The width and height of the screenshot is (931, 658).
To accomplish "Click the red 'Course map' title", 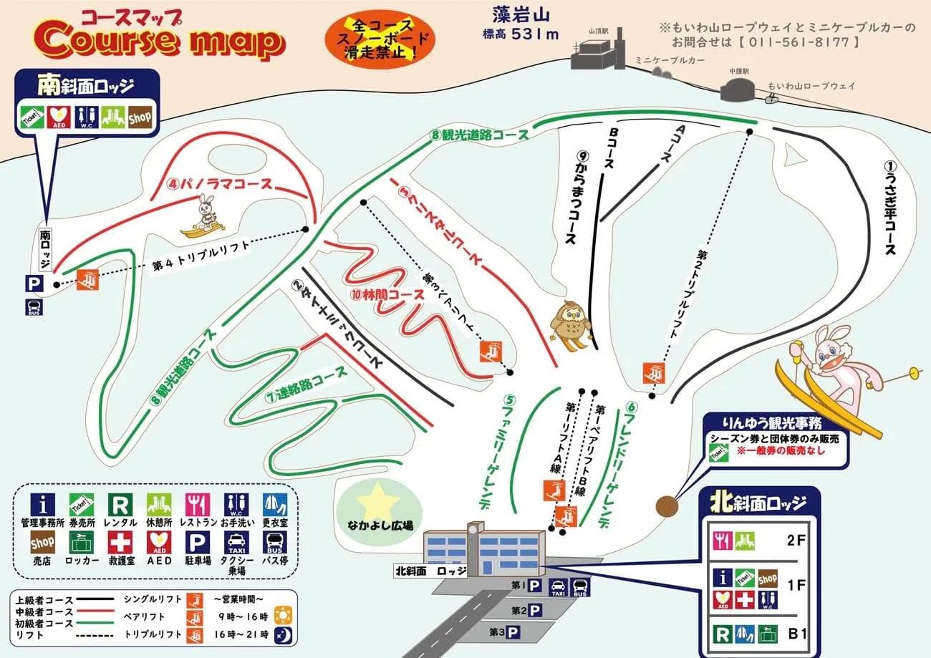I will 159,42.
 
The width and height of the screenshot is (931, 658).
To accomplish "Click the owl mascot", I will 570,324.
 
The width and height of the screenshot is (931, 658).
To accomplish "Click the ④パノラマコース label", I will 219,183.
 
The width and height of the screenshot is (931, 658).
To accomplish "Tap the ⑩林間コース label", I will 377,294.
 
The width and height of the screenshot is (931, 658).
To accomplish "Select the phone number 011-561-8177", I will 794,42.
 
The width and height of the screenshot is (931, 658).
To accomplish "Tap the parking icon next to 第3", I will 513,632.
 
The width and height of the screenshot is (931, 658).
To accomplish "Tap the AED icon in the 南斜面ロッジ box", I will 57,117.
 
